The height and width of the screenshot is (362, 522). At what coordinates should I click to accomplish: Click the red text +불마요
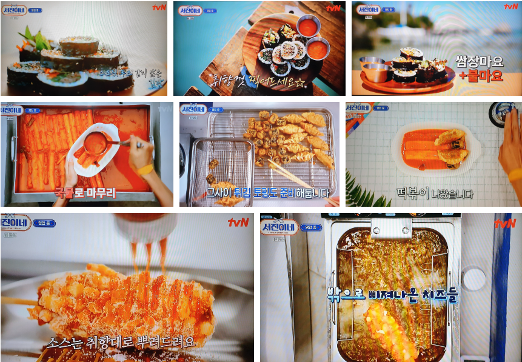[481, 76]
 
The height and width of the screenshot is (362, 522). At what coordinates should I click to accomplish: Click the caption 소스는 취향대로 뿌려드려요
[121, 341]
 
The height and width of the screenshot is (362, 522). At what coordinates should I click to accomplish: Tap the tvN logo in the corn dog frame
[238, 222]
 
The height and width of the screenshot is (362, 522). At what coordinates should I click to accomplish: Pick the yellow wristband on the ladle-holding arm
[145, 169]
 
